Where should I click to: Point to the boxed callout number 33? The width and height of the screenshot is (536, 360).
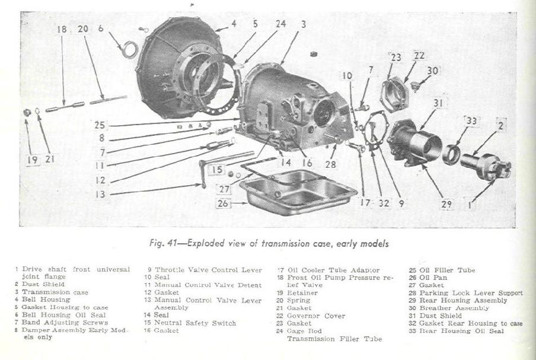coord(471,121)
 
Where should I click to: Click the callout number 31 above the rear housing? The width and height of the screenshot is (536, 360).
coord(439,103)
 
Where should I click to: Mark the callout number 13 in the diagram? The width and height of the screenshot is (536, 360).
coord(100,193)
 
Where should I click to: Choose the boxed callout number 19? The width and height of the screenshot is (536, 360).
coord(30,160)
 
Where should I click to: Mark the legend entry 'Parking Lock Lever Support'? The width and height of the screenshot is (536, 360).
coord(471,292)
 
